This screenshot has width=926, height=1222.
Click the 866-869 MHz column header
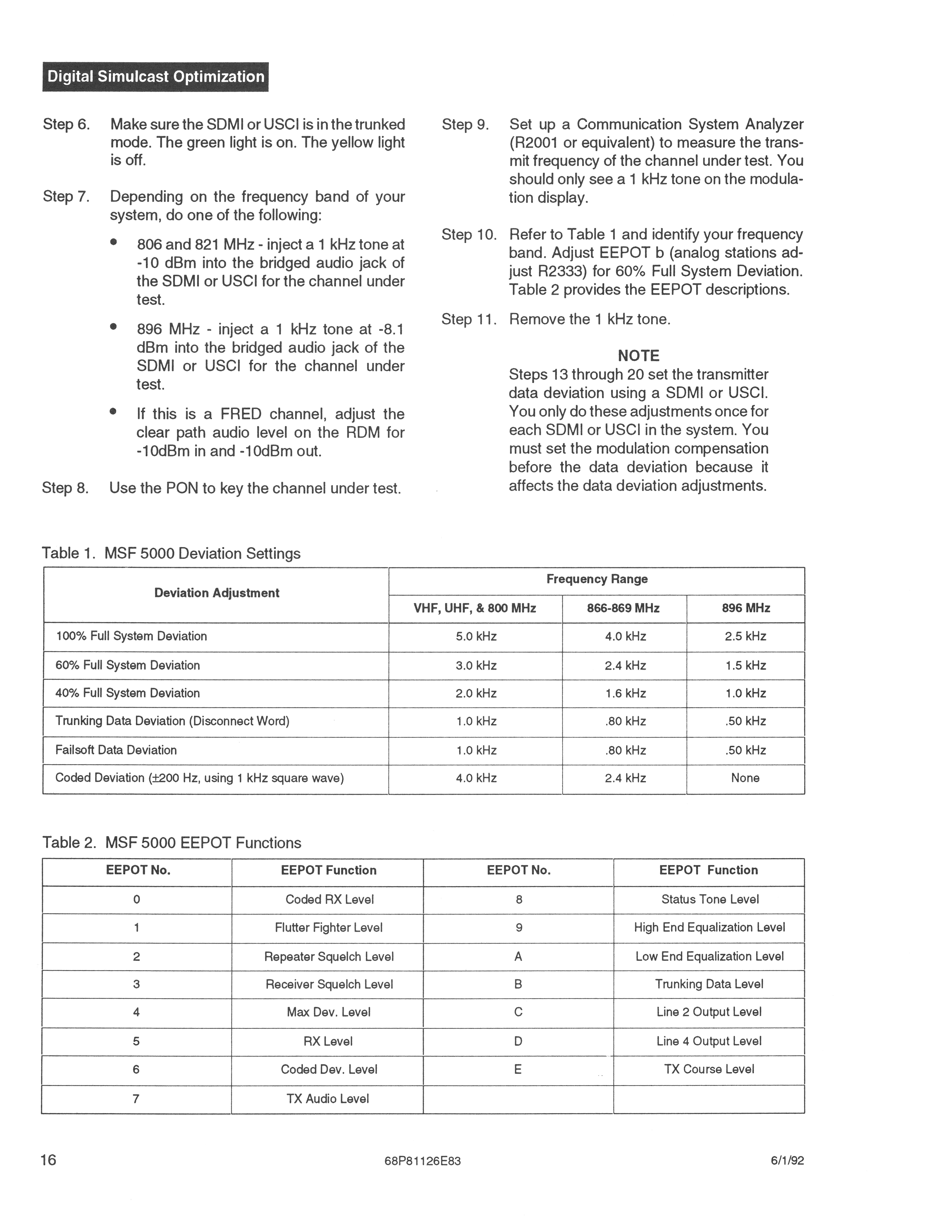pyautogui.click(x=623, y=608)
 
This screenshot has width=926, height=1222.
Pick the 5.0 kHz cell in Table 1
pyautogui.click(x=476, y=636)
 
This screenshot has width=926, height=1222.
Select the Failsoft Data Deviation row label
pyautogui.click(x=116, y=750)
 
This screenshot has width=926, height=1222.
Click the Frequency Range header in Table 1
pyautogui.click(x=596, y=579)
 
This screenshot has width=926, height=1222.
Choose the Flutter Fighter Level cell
pyautogui.click(x=329, y=928)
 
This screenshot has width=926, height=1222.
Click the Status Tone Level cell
pyautogui.click(x=710, y=899)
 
